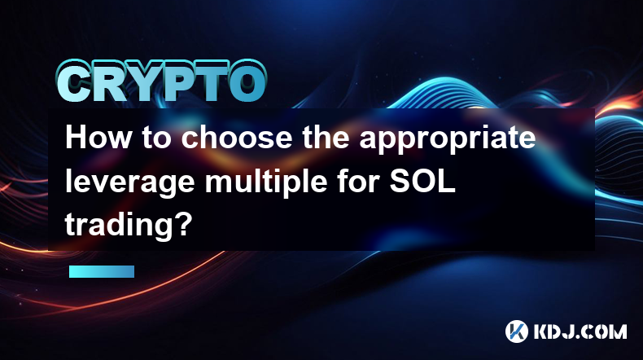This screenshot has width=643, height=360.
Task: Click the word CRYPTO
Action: coord(162,81)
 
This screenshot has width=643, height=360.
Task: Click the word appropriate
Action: coord(448,139)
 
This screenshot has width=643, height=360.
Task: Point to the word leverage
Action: coord(129,183)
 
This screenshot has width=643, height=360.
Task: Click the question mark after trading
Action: coord(183,224)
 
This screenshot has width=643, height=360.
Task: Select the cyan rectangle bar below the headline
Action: coord(102,271)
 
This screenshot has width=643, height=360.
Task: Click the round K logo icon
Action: coord(516,331)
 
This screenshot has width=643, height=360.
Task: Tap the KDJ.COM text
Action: coord(580,331)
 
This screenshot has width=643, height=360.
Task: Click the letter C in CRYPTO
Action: coord(74,82)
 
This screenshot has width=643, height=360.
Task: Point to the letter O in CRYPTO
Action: coord(246,81)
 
